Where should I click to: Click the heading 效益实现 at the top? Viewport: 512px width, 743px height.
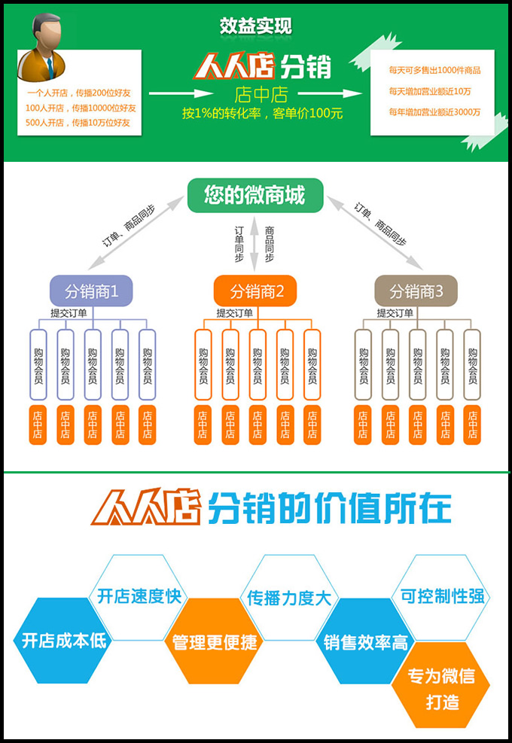click(255, 26)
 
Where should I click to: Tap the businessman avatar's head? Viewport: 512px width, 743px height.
click(46, 35)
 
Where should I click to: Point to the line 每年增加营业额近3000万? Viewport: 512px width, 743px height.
click(434, 112)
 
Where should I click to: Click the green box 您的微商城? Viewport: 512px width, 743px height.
click(254, 196)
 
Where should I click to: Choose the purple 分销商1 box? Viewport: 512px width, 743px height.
click(91, 291)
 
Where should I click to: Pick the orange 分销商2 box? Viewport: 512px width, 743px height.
click(255, 291)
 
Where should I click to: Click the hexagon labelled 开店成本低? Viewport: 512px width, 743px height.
click(62, 641)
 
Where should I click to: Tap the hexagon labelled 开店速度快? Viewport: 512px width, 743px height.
click(139, 596)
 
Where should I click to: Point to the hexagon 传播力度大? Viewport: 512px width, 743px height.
click(289, 598)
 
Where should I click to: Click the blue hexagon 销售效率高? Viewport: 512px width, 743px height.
click(365, 642)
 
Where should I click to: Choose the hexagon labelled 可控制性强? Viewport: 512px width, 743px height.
click(441, 596)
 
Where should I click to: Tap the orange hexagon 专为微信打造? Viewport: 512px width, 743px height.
click(441, 688)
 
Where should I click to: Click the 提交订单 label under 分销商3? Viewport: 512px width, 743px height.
click(395, 312)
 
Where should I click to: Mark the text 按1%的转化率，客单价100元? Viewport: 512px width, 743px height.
click(261, 113)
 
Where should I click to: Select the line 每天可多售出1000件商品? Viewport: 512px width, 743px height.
click(434, 70)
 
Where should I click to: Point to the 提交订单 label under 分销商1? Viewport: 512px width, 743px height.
click(68, 312)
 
